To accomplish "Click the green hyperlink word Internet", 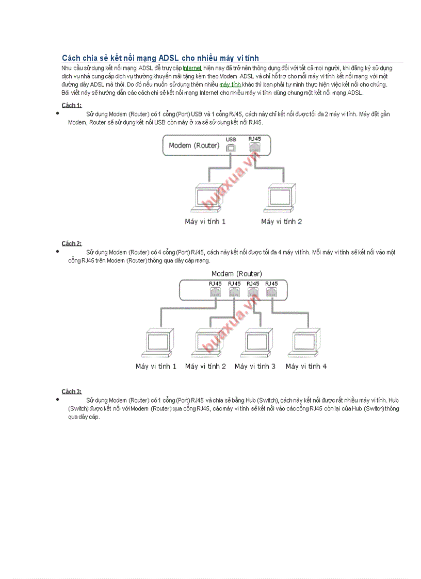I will click(x=192, y=68).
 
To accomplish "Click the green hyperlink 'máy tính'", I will click(x=230, y=85).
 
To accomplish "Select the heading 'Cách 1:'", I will click(x=72, y=105).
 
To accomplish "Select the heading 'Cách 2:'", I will click(x=72, y=243).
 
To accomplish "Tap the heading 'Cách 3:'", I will click(x=72, y=391).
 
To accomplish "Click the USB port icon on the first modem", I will click(x=231, y=147).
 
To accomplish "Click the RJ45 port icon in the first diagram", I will click(x=254, y=146).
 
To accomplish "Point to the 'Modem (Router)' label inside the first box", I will click(x=194, y=145).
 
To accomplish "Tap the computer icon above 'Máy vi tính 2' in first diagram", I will click(x=282, y=198).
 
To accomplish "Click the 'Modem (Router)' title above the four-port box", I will click(x=236, y=273).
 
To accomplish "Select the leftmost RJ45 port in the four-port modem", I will click(x=215, y=292).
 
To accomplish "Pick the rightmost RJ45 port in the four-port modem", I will click(x=271, y=292).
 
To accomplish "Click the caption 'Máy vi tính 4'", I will click(x=306, y=367).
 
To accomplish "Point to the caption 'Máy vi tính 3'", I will click(x=255, y=367).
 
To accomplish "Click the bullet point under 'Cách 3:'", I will click(x=58, y=399).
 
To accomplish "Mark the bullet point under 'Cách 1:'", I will click(x=58, y=113).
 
